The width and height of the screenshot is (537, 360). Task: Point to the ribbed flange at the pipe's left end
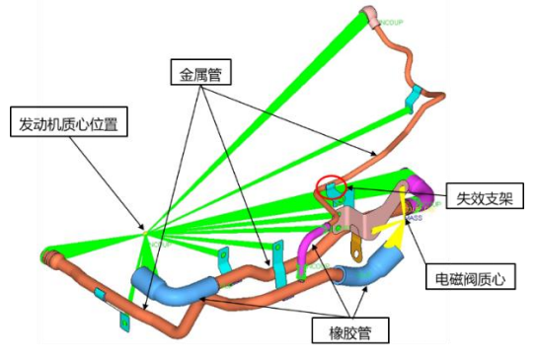(46, 258)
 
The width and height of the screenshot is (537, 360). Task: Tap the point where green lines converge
(147, 234)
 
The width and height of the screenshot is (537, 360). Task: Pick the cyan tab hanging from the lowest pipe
(122, 321)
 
